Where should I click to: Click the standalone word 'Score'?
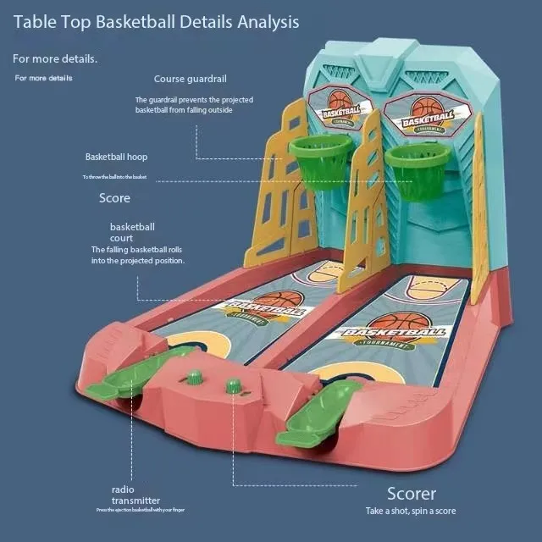[x=114, y=198]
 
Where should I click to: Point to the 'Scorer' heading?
[x=412, y=494]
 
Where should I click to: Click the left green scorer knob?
[x=195, y=376]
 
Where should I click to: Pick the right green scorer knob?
[x=232, y=386]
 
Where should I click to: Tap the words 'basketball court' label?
[x=132, y=233]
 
